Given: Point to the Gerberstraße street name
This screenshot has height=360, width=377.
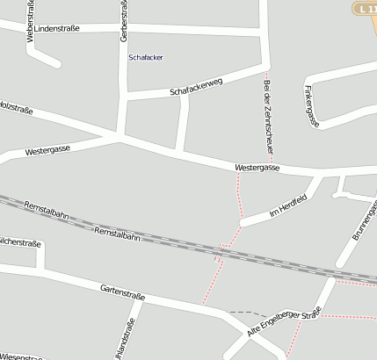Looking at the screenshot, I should (123, 19).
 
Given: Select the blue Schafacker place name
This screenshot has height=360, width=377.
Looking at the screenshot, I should (145, 57).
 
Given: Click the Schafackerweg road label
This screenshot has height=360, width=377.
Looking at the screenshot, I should (197, 86).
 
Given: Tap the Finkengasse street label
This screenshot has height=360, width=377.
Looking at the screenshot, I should (310, 103).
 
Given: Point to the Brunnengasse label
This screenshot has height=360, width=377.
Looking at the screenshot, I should (364, 220).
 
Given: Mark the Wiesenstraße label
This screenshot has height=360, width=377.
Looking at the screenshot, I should (21, 356).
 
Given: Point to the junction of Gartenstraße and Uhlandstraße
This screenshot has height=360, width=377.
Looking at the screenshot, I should (143, 298).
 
